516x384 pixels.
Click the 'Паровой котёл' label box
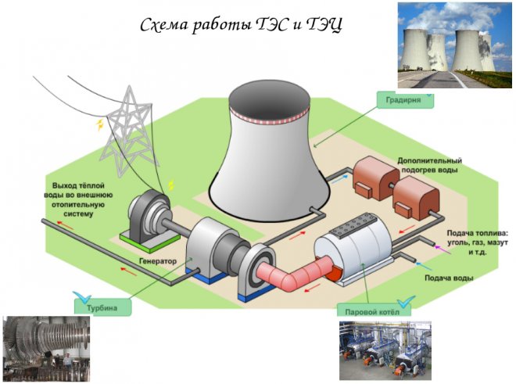pyautogui.click(x=367, y=310)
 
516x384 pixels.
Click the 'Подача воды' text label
pyautogui.click(x=449, y=278)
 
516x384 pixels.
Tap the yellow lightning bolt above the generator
pyautogui.click(x=170, y=186)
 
